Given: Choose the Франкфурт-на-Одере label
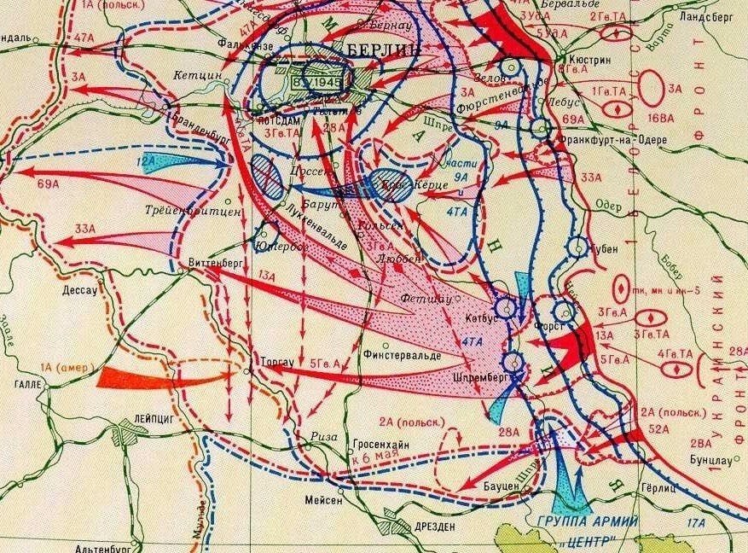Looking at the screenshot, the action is pyautogui.click(x=606, y=139).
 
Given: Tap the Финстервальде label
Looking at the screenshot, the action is pyautogui.click(x=402, y=354).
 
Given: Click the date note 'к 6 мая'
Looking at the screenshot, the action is pyautogui.click(x=369, y=460).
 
